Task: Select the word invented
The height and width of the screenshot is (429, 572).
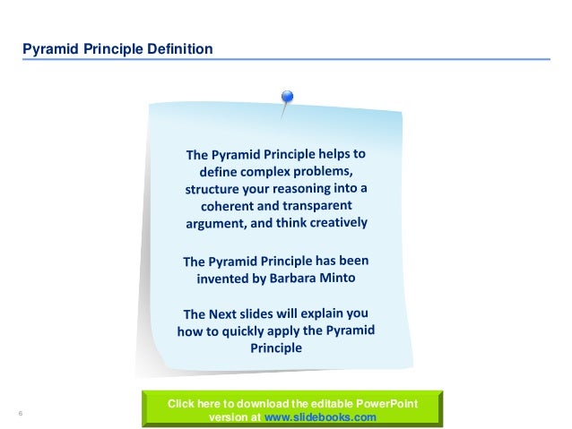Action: point(227,279)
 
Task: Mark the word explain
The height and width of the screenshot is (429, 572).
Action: point(330,312)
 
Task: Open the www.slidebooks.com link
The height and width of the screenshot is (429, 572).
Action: point(321,417)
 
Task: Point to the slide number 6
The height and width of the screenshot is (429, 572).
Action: point(20,412)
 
